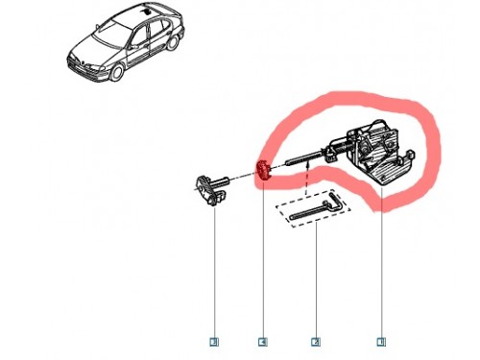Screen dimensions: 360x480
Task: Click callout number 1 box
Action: [x=381, y=341]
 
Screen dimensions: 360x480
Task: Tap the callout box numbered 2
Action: [x=315, y=341]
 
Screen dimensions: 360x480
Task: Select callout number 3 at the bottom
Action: [x=214, y=341]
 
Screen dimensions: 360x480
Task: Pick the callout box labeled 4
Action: [x=261, y=341]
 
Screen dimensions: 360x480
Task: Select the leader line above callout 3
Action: [x=214, y=269]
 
